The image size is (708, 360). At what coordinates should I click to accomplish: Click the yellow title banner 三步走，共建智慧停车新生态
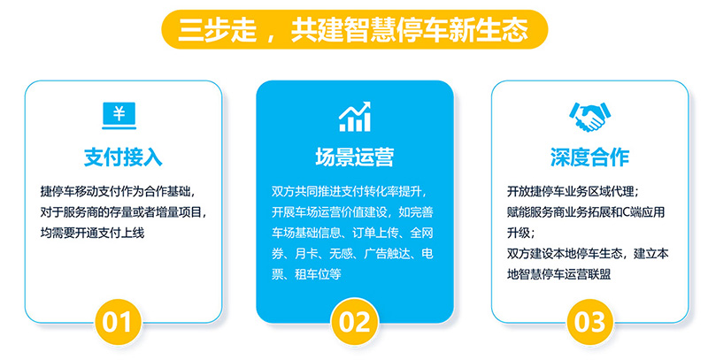[355, 29]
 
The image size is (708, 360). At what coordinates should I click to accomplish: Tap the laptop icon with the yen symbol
[119, 116]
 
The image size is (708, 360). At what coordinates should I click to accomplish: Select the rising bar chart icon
[355, 117]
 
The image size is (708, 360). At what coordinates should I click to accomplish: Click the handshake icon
[589, 117]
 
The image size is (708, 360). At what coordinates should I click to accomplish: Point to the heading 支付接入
[123, 157]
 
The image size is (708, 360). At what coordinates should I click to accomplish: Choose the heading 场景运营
[355, 157]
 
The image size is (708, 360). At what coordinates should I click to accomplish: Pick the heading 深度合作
[589, 157]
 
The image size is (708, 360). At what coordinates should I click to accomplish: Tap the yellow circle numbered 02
[355, 322]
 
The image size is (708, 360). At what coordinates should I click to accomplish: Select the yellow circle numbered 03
[589, 322]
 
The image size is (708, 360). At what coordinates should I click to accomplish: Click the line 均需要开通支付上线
[93, 233]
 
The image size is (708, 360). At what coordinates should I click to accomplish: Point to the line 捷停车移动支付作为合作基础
[118, 191]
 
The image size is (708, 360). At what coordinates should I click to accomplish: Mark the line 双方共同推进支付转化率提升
[349, 191]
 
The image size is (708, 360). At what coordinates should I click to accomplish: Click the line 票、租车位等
[306, 274]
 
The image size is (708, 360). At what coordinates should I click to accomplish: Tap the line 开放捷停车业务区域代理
[573, 191]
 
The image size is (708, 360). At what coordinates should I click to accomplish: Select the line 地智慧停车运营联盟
[559, 274]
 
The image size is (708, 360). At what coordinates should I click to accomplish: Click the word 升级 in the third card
[519, 233]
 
